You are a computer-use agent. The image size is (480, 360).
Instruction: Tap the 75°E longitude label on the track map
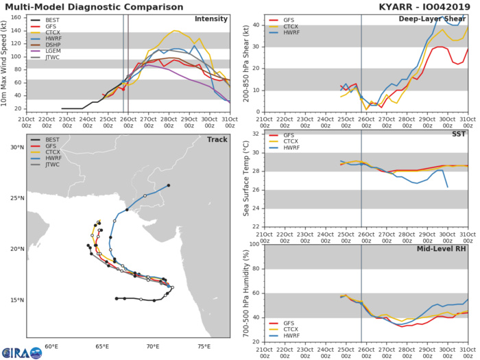pos(204,346)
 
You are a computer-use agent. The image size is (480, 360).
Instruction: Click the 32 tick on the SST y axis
pos(256,134)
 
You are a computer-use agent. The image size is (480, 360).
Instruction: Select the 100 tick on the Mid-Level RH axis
pos(254,244)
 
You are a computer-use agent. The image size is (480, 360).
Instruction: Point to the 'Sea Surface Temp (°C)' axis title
pos(245,179)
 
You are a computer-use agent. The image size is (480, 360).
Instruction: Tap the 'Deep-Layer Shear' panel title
pos(433,19)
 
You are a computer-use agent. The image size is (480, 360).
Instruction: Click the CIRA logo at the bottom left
pos(21,351)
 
